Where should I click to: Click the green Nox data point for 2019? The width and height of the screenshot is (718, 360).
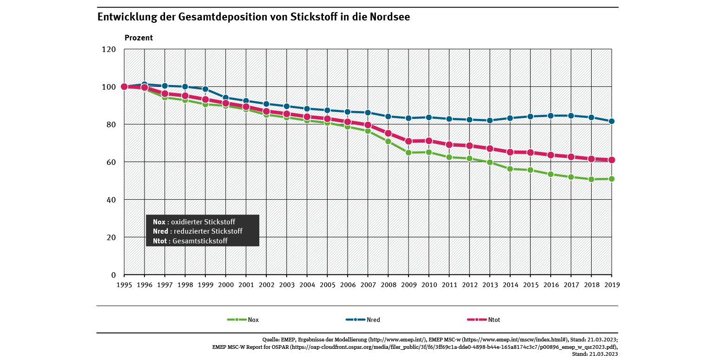(612, 179)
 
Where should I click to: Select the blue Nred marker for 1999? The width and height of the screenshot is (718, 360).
(205, 89)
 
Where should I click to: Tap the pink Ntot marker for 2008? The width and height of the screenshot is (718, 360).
(388, 133)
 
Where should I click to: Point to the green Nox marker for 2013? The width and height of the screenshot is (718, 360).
(490, 162)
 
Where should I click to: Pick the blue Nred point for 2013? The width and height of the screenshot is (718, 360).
(490, 120)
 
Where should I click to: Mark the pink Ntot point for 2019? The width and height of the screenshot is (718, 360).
(612, 160)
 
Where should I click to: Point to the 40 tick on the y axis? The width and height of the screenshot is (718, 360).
(112, 200)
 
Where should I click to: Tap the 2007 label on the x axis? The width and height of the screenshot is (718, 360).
(368, 284)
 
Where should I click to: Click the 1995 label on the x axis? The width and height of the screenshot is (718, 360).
(124, 284)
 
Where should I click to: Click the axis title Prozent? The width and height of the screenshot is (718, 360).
(138, 38)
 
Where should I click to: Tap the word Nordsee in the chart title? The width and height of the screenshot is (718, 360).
(390, 17)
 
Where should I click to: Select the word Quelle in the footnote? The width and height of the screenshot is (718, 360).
(271, 340)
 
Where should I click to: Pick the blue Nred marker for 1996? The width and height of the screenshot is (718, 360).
(145, 85)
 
